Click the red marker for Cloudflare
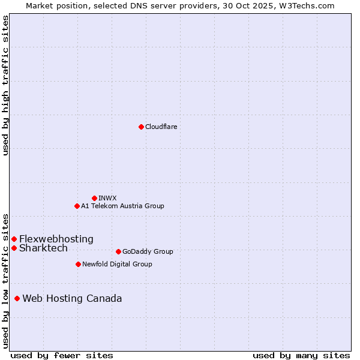pyautogui.click(x=141, y=127)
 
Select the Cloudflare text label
pyautogui.click(x=161, y=127)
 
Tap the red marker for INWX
pyautogui.click(x=94, y=198)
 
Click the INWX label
pyautogui.click(x=107, y=198)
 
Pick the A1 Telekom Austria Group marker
pyautogui.click(x=77, y=206)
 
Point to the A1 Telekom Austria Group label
pyautogui.click(x=122, y=206)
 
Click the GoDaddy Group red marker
pyautogui.click(x=118, y=251)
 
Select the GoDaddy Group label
pyautogui.click(x=148, y=251)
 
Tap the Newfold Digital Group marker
pyautogui.click(x=78, y=264)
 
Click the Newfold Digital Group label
pyautogui.click(x=117, y=264)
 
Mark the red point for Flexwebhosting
pyautogui.click(x=14, y=239)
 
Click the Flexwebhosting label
pyautogui.click(x=56, y=239)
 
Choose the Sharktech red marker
pyautogui.click(x=14, y=248)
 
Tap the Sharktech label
pyautogui.click(x=43, y=248)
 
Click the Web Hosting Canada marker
pyautogui.click(x=17, y=298)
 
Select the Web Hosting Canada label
pyautogui.click(x=72, y=298)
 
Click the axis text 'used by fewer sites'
pyautogui.click(x=62, y=355)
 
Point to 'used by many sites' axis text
pyautogui.click(x=301, y=355)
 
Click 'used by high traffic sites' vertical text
pyautogui.click(x=6, y=85)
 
